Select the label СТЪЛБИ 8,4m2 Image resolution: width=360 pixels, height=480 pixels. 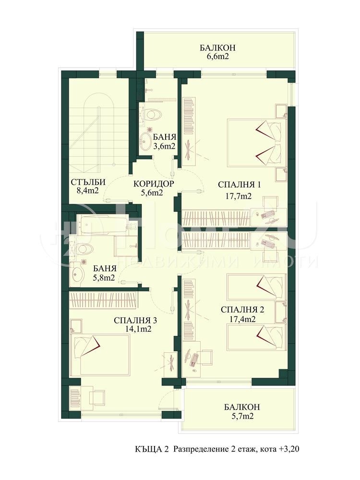(88, 186)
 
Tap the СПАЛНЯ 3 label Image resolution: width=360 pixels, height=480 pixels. (136, 324)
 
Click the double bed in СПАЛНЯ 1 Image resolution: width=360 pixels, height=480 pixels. (254, 143)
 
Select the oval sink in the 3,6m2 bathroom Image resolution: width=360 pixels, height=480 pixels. (146, 140)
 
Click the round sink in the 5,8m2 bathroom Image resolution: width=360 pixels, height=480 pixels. (77, 273)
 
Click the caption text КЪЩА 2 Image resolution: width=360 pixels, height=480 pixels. (152, 450)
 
